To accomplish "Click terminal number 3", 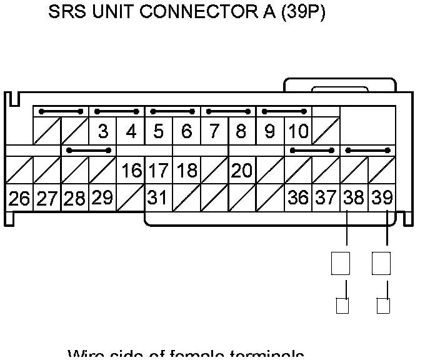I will (x=103, y=132).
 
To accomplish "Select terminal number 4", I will (x=131, y=132).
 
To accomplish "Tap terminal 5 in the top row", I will (x=159, y=132).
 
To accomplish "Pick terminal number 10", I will (x=299, y=132).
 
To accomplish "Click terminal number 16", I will (x=131, y=171).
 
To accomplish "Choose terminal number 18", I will (x=186, y=171).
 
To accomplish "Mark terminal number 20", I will (x=242, y=171).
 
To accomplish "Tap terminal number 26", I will (x=19, y=198).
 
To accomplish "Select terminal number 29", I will (x=102, y=198).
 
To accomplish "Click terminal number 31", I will (x=158, y=198).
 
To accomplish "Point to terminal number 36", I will (x=298, y=198).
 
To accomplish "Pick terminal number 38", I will (x=354, y=198).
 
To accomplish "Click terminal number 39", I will (x=382, y=198).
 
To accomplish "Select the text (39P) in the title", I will (x=303, y=13).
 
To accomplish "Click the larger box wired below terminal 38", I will (x=341, y=262).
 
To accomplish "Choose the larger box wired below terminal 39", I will (x=381, y=262).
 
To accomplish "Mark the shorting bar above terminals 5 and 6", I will (x=172, y=112).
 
